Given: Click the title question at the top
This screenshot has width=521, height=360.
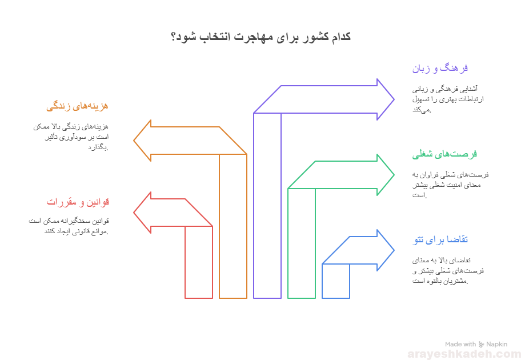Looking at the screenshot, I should click(x=260, y=37).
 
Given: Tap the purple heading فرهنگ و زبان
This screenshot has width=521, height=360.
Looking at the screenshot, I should click(x=440, y=69).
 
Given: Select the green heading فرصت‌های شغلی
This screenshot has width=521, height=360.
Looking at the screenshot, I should click(x=444, y=154).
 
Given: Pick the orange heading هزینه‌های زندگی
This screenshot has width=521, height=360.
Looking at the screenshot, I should click(x=77, y=106).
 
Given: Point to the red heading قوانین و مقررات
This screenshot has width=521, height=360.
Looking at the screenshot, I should click(x=78, y=202).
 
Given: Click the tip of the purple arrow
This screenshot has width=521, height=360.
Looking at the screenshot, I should click(x=393, y=99).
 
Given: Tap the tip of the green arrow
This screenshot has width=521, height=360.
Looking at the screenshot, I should click(x=393, y=175).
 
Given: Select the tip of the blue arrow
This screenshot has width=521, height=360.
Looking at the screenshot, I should click(x=393, y=250).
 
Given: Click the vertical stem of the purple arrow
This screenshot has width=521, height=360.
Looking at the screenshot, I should click(x=267, y=206).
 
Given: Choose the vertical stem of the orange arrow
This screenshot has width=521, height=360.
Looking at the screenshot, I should click(x=233, y=226).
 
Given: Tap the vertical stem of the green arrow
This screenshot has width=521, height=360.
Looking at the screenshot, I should click(x=302, y=243).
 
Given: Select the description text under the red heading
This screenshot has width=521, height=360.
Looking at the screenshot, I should click(x=68, y=226).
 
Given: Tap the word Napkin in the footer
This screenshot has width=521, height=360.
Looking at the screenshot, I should click(x=496, y=345).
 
